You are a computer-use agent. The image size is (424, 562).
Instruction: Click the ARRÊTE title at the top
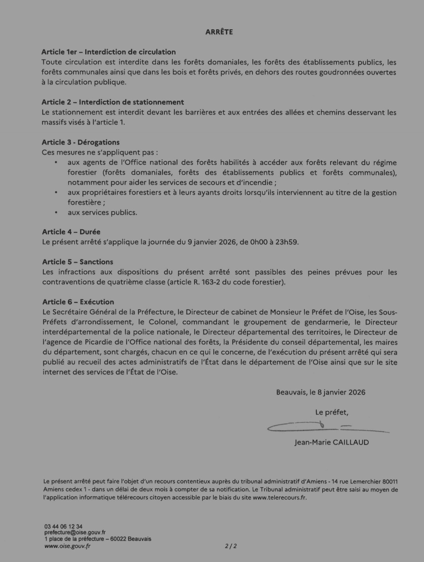click(219, 32)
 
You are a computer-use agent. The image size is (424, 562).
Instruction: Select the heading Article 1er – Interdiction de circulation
click(108, 52)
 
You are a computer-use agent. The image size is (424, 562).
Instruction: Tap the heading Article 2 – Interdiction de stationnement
click(113, 102)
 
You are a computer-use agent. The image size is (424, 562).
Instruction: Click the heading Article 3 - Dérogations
click(80, 142)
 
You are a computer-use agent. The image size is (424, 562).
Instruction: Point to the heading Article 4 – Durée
click(71, 232)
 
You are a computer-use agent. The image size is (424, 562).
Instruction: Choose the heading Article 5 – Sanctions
click(78, 262)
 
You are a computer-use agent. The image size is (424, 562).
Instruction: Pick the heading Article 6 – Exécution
click(78, 302)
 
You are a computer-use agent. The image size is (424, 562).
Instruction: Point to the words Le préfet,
click(332, 413)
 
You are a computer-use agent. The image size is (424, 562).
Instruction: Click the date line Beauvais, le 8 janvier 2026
click(321, 392)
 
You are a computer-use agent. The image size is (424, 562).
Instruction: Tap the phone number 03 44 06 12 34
click(63, 527)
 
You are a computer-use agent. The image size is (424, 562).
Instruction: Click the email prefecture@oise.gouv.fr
click(75, 532)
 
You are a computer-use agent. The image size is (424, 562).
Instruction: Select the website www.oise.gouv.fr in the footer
click(67, 546)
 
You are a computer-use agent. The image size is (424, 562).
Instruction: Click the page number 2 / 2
click(231, 546)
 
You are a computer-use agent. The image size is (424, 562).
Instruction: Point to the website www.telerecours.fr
click(279, 497)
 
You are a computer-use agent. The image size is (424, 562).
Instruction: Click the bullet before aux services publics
click(56, 213)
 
